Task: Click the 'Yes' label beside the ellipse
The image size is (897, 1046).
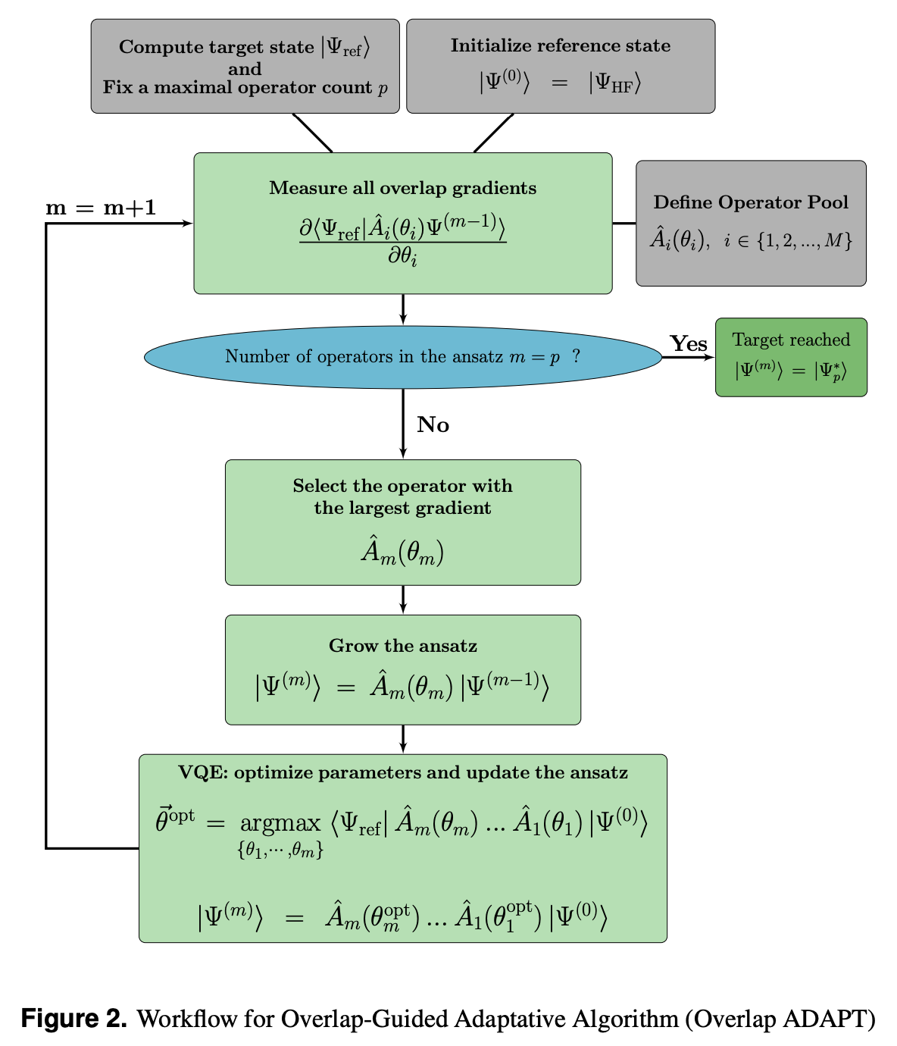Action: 688,343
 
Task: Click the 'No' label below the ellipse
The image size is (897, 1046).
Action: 433,424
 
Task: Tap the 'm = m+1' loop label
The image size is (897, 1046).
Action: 101,208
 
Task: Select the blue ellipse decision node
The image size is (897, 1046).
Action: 402,357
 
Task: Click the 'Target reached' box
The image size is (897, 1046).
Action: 791,357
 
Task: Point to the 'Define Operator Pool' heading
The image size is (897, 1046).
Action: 750,202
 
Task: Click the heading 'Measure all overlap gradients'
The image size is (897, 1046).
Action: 402,188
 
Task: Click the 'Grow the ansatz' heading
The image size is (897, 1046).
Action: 402,646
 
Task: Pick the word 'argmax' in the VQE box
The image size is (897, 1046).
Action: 280,822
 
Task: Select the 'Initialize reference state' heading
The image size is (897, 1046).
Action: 560,45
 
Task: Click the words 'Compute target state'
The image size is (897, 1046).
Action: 216,47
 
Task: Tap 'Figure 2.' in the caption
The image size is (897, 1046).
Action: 73,1018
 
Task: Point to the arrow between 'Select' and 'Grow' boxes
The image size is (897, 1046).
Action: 402,600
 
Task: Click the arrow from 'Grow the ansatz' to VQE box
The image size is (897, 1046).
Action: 402,739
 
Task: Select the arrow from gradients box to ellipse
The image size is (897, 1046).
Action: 402,309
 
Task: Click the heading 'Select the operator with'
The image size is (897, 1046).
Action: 402,486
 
